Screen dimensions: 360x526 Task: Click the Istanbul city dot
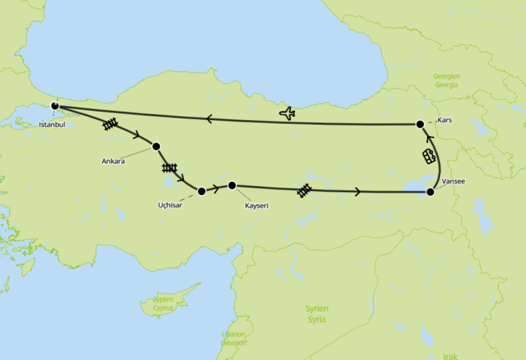click(55, 106)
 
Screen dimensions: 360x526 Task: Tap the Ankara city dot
click(156, 146)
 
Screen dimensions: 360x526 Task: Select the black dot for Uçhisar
click(202, 190)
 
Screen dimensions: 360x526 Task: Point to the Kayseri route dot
click(232, 185)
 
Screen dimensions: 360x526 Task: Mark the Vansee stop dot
click(431, 191)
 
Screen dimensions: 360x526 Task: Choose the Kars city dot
click(420, 124)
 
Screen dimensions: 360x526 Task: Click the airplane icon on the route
click(287, 114)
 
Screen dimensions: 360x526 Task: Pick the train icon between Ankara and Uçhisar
click(169, 168)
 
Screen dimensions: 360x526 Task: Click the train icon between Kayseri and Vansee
click(305, 189)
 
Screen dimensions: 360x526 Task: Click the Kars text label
click(445, 120)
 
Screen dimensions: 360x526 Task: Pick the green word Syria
click(316, 319)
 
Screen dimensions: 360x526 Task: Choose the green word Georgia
click(447, 84)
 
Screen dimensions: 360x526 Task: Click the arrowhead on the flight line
click(209, 118)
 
